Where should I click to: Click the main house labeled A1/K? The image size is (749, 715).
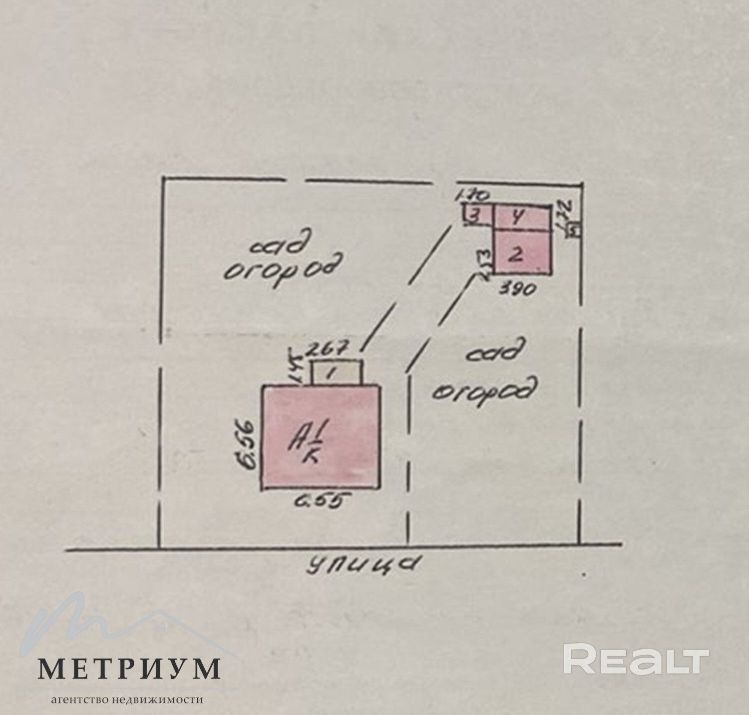tap(320, 437)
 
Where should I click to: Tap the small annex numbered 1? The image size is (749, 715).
tap(337, 372)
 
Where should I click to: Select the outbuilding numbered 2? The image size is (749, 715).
tap(522, 252)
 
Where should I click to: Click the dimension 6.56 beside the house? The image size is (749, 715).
tap(248, 445)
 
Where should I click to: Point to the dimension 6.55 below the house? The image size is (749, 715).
tap(320, 501)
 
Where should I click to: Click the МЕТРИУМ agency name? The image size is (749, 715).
tap(129, 668)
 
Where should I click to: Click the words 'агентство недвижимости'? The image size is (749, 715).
tap(127, 700)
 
